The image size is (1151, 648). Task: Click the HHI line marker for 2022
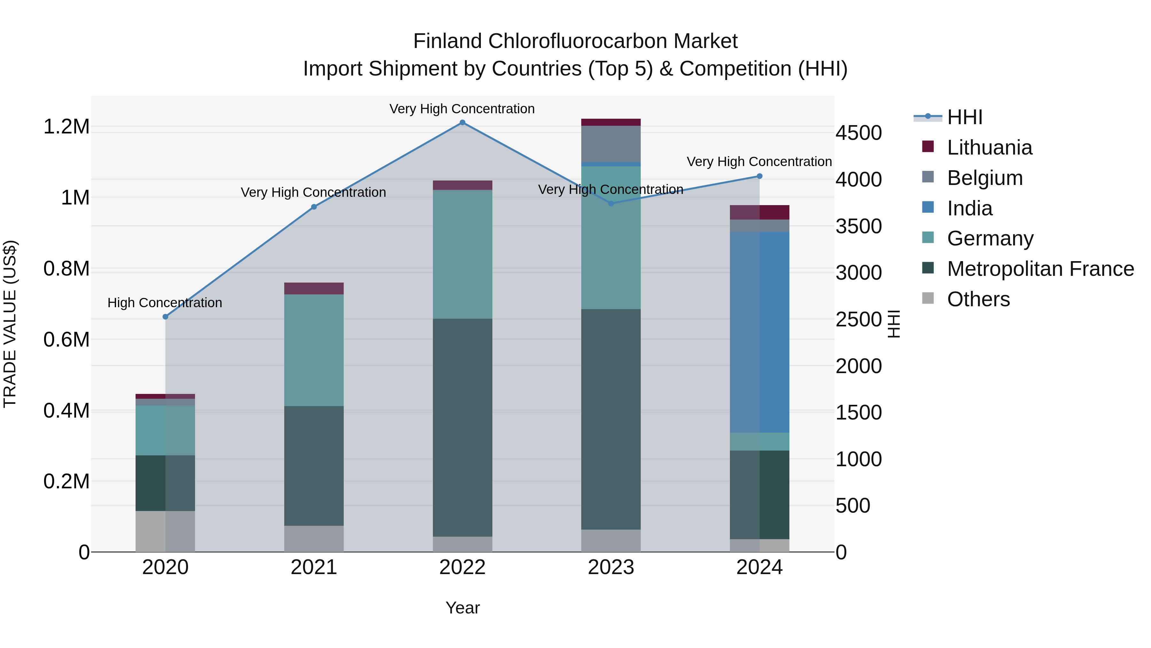(462, 123)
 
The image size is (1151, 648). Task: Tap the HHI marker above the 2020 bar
(165, 316)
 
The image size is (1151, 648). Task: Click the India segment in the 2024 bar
(760, 332)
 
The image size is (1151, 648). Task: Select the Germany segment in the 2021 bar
(314, 350)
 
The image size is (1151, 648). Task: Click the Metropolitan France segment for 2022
(462, 427)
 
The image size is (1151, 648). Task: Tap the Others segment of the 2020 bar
(165, 531)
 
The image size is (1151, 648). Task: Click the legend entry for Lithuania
(989, 148)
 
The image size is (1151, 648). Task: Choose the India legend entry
(970, 208)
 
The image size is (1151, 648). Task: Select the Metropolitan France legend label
(1040, 269)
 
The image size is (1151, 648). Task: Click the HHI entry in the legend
(964, 117)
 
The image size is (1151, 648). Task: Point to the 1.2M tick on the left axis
(66, 126)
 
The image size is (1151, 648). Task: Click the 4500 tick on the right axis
(858, 133)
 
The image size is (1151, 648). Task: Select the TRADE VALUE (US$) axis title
(10, 324)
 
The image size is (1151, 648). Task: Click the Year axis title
(462, 608)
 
